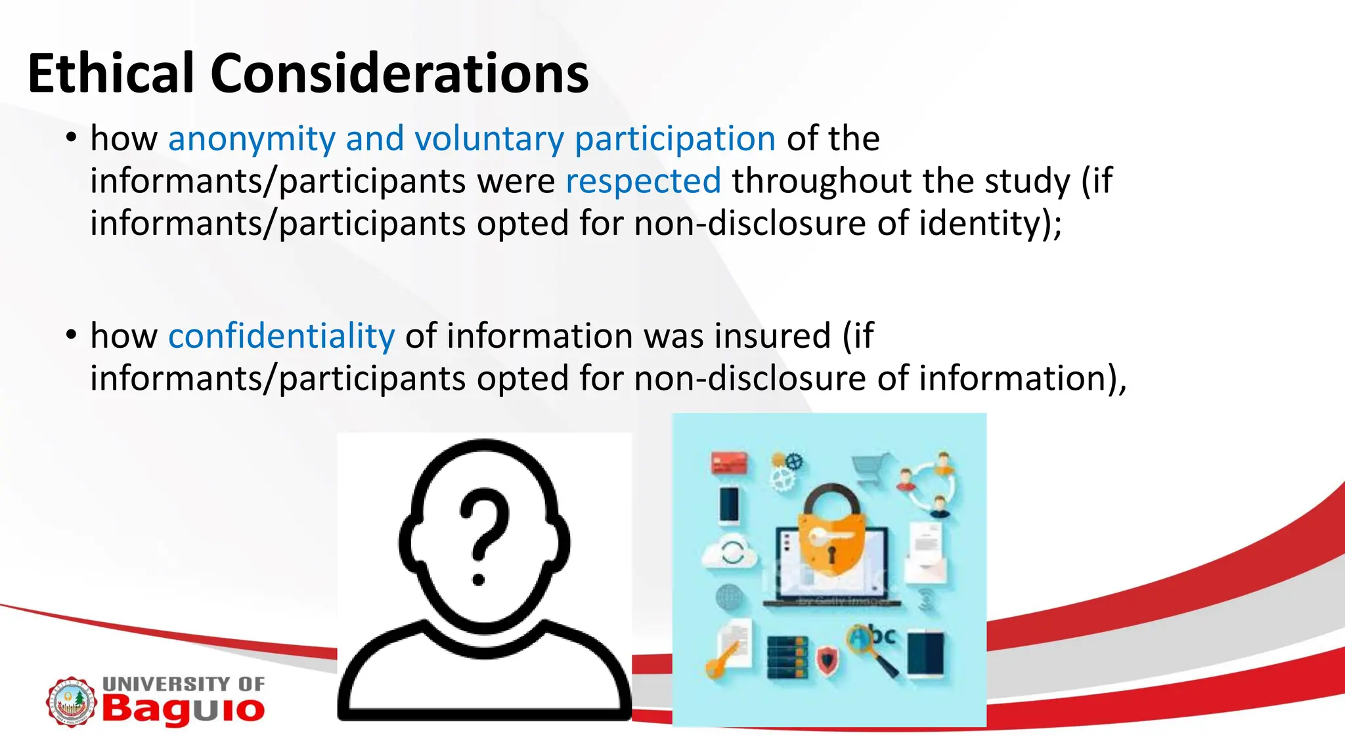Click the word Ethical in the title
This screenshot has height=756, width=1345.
pos(110,73)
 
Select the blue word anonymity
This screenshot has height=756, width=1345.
pos(252,139)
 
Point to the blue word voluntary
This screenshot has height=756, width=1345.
pos(489,139)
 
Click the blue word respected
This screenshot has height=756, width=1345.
pos(643,181)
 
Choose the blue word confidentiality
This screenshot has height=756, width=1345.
pos(282,336)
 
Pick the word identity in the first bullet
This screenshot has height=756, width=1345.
pos(990,223)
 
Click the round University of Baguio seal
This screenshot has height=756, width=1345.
pos(71,702)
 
